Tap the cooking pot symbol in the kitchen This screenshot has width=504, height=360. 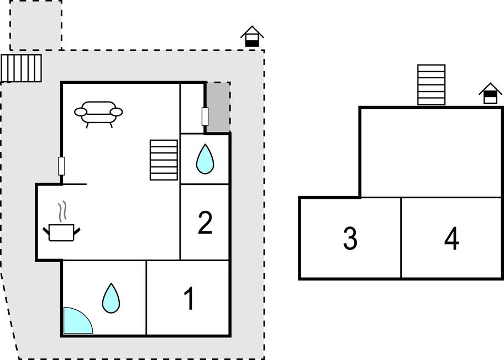point(62,231)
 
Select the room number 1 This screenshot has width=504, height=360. point(189,299)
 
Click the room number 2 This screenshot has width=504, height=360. point(205,223)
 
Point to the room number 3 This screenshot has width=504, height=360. point(350,239)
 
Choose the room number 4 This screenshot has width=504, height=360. point(452,239)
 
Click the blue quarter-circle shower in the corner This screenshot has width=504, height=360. point(76,322)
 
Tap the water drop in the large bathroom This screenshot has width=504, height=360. point(111,298)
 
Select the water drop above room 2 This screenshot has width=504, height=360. point(205,159)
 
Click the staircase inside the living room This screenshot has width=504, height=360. point(164,160)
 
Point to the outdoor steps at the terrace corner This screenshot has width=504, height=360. point(22,68)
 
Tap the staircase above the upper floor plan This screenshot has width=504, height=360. point(431,84)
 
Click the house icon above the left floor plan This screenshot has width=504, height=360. point(252,37)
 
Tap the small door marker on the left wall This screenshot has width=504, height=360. point(61,166)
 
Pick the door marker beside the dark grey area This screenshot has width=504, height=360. point(204,116)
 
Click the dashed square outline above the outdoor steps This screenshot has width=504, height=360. point(36,25)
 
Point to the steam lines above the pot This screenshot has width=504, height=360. point(64,210)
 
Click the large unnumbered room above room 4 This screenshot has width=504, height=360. point(431,152)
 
